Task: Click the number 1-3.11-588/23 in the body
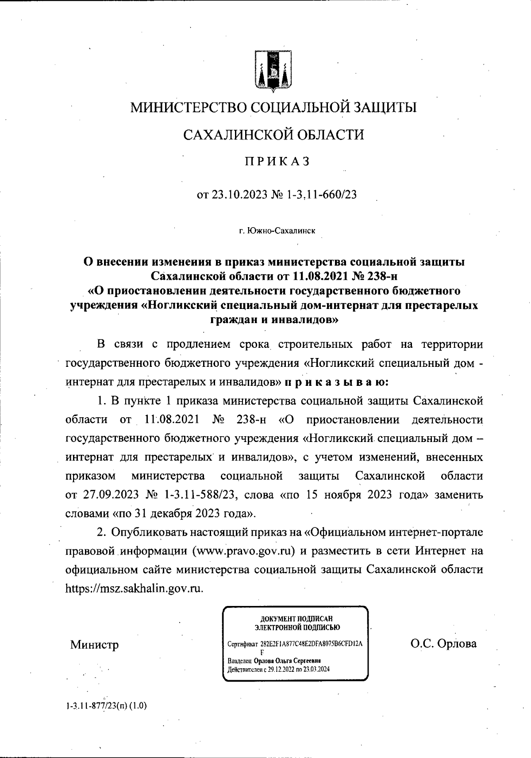pos(201,495)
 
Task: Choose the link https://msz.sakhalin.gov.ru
pos(134,589)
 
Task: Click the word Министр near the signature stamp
pos(94,645)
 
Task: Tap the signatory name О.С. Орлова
pos(443,644)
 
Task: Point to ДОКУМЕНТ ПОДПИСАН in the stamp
pos(297,619)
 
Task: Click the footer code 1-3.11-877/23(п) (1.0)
pos(105,706)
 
